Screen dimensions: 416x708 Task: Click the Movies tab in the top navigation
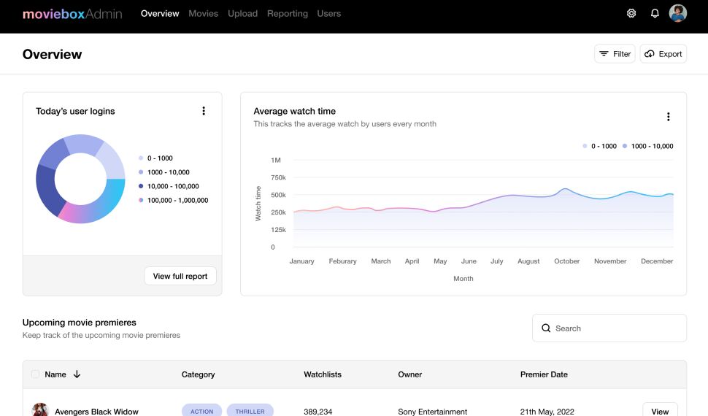(x=203, y=13)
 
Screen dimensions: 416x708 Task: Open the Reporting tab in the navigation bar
(x=288, y=13)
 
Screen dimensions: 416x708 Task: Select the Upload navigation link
(x=242, y=13)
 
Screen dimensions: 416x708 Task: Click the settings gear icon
(x=631, y=13)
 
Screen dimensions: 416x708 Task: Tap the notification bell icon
(x=655, y=13)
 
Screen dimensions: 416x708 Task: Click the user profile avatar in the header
(x=678, y=13)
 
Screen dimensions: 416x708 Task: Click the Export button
(x=663, y=54)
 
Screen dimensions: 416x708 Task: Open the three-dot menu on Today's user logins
(x=204, y=111)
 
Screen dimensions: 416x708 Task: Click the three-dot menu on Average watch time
(x=668, y=117)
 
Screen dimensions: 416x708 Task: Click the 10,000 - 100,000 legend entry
(x=173, y=186)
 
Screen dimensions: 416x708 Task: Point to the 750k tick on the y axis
(x=278, y=177)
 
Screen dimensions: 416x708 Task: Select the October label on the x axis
(x=566, y=261)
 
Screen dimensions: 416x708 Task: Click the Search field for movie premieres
(x=609, y=328)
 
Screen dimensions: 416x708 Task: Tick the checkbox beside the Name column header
(x=36, y=374)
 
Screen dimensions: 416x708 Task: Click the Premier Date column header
(x=544, y=374)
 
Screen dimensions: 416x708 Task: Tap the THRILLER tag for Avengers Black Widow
(x=250, y=411)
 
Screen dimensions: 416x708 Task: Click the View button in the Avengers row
(x=660, y=411)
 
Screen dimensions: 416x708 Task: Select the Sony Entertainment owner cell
(x=432, y=412)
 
